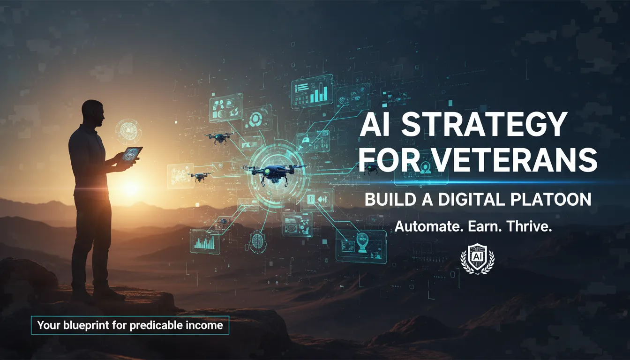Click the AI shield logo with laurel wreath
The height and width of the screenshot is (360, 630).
click(x=477, y=258)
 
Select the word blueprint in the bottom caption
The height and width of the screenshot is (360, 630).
click(x=86, y=324)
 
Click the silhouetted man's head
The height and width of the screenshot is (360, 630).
click(x=92, y=112)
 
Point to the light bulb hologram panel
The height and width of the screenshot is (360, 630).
click(x=361, y=243)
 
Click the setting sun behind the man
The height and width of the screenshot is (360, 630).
click(x=129, y=187)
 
